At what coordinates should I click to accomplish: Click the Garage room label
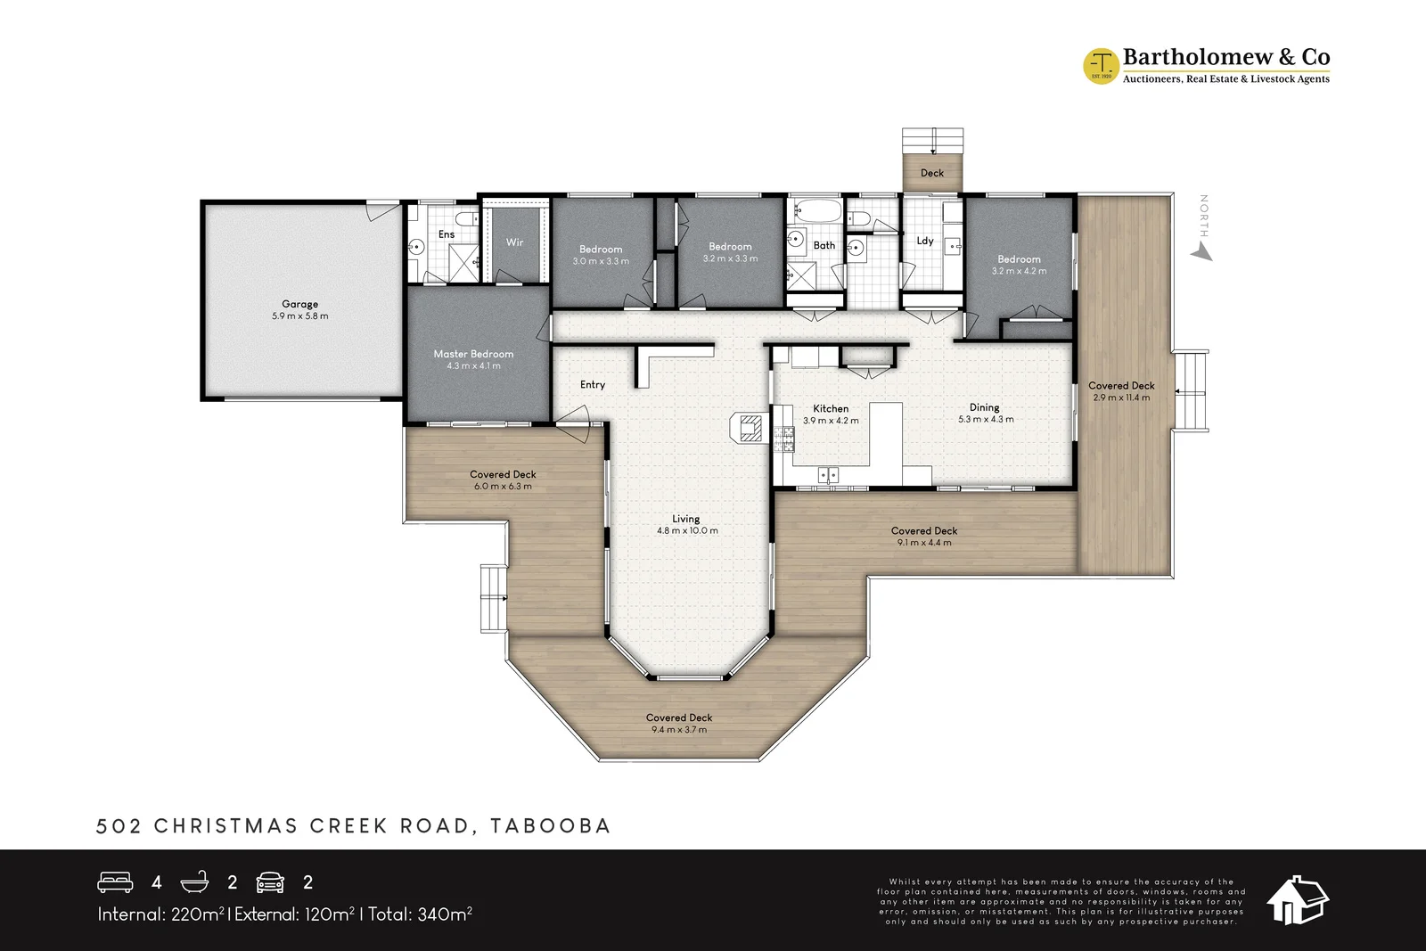click(299, 304)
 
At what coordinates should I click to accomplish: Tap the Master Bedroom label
click(473, 354)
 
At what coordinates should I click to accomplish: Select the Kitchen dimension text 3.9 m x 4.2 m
click(831, 421)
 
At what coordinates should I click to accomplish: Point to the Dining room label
click(984, 407)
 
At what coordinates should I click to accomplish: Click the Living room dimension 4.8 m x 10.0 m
click(687, 531)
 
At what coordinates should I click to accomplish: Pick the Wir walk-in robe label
click(514, 242)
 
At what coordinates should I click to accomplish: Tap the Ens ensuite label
click(447, 234)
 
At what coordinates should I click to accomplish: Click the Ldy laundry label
click(925, 241)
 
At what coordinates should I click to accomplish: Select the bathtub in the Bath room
click(815, 210)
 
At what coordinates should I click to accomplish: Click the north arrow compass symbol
click(1202, 252)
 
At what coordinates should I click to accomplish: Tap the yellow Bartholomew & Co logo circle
click(1101, 66)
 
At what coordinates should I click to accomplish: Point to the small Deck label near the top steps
click(932, 173)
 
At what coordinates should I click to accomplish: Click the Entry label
click(592, 384)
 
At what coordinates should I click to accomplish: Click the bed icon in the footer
click(115, 881)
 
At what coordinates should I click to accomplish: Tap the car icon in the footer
click(270, 882)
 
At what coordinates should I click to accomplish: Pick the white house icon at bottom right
click(1297, 900)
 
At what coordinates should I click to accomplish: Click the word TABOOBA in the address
click(551, 825)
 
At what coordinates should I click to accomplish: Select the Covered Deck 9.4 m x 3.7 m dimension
click(679, 730)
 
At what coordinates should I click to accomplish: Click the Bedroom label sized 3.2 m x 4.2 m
click(1019, 259)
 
